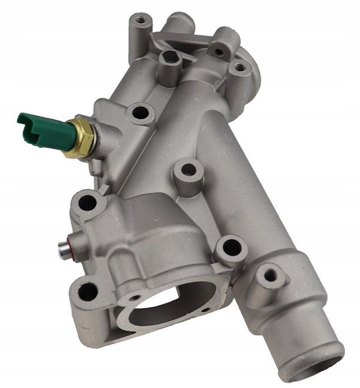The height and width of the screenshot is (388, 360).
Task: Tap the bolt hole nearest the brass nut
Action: (x=141, y=112)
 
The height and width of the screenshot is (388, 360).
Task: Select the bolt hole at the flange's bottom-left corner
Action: (x=88, y=291)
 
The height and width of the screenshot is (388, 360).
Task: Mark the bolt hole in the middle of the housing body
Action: (x=189, y=169)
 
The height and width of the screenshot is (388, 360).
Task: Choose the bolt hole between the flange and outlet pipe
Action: (x=232, y=247)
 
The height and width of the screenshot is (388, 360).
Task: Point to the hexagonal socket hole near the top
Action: (x=171, y=60)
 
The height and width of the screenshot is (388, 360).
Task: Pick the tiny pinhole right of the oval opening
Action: (x=205, y=309)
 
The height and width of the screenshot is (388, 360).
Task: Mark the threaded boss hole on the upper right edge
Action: (x=241, y=66)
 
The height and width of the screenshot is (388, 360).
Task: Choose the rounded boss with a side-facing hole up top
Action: (x=222, y=46)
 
